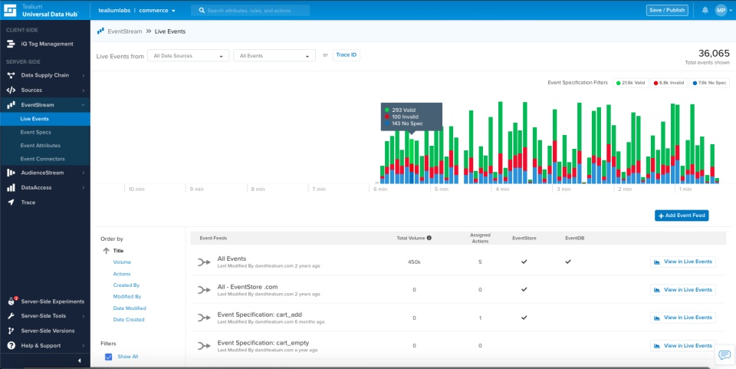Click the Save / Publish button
coord(667,10)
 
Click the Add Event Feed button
coord(681,216)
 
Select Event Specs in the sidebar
coord(35,132)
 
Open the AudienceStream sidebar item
coord(42,173)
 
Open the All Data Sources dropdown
coord(189,56)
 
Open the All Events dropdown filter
coord(274,56)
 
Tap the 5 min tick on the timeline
coord(441,189)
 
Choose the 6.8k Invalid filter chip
coord(670,82)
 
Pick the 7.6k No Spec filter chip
coord(709,82)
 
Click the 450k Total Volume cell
coord(413,262)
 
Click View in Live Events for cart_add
coord(682,317)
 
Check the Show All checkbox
coord(108,357)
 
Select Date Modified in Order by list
coord(129,308)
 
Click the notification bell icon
coord(705,10)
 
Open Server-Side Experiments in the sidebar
coord(52,302)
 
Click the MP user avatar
coord(721,10)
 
